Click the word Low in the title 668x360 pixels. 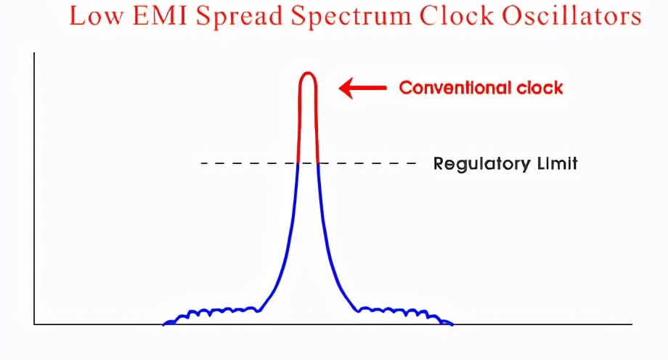click(x=97, y=16)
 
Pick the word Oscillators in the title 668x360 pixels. click(x=571, y=16)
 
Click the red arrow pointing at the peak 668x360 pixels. click(x=362, y=88)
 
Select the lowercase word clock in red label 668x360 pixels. click(x=539, y=88)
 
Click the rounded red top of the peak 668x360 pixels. click(x=308, y=74)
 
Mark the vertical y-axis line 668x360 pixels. click(x=34, y=188)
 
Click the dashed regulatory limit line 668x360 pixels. click(x=309, y=163)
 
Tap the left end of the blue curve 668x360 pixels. click(x=163, y=324)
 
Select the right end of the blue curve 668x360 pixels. click(x=452, y=324)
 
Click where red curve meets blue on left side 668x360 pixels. click(x=298, y=163)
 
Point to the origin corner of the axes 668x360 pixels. click(x=34, y=324)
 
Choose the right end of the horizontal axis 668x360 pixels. click(x=632, y=324)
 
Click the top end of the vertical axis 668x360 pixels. click(x=34, y=53)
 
